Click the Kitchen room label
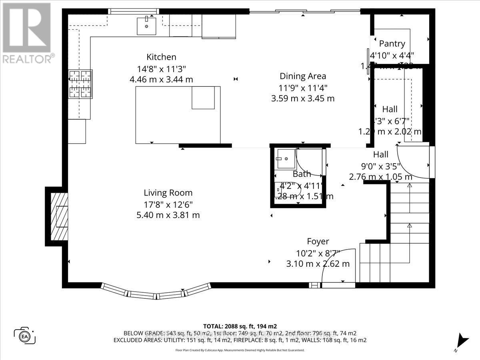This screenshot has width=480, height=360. coord(161,57)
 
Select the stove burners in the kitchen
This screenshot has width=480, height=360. coord(81,84)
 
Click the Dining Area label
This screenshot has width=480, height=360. coord(303,76)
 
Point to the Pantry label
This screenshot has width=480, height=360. coord(392,44)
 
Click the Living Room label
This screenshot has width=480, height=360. coord(168,193)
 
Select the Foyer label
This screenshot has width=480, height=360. coord(318,241)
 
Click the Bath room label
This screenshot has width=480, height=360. coord(302,174)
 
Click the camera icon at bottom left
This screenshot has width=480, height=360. coord(25,335)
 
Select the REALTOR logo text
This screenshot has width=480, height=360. coord(28,59)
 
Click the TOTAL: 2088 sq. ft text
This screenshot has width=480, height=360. coord(240,326)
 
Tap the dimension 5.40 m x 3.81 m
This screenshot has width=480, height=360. coord(168,215)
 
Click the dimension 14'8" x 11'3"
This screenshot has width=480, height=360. coord(161,68)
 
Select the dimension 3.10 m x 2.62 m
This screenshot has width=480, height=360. coord(318,264)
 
